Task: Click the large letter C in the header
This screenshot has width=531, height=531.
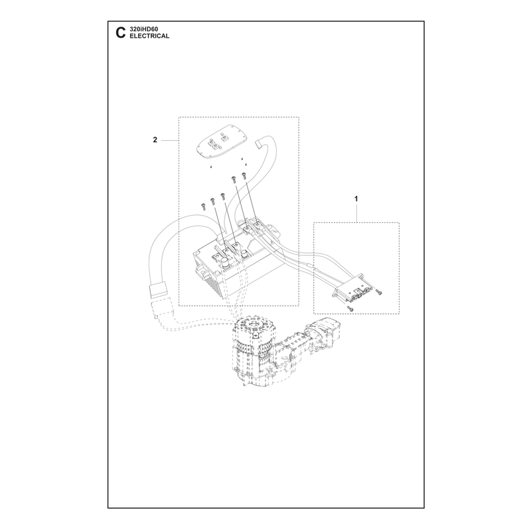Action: click(x=121, y=33)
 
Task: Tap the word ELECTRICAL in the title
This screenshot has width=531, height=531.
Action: click(x=149, y=36)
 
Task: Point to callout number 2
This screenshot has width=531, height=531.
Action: click(x=155, y=140)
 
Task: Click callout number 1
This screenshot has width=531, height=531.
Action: click(x=356, y=198)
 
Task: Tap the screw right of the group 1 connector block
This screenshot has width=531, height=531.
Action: click(x=378, y=292)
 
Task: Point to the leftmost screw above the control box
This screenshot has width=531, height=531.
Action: click(x=203, y=206)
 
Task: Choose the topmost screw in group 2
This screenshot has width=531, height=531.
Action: click(x=244, y=175)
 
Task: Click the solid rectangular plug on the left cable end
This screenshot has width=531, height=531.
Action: click(x=158, y=291)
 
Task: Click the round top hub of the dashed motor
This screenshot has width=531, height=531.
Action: click(x=253, y=325)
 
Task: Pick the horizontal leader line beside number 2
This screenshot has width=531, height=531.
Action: click(x=170, y=140)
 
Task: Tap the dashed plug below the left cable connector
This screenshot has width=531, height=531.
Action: click(x=161, y=309)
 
